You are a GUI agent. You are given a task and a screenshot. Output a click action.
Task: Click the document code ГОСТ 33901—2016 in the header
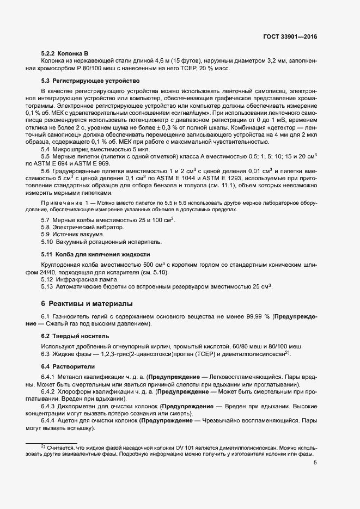pos(290,36)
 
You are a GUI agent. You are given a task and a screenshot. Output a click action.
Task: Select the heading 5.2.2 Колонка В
pos(65,52)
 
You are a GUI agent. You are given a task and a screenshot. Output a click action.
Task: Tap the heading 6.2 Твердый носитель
pos(71,336)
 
